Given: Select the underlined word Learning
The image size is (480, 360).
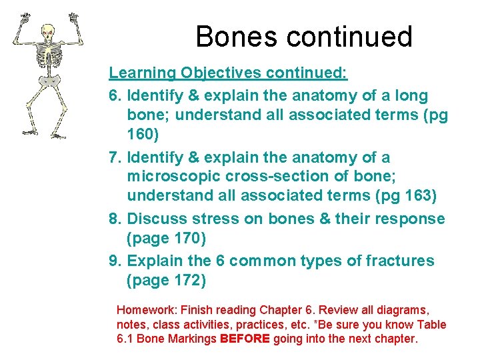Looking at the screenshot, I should click(x=142, y=71).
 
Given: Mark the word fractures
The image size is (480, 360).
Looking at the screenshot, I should click(x=396, y=261).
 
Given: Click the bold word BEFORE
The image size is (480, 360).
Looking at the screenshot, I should click(x=244, y=339).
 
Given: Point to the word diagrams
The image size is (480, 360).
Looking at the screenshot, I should click(x=404, y=311).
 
